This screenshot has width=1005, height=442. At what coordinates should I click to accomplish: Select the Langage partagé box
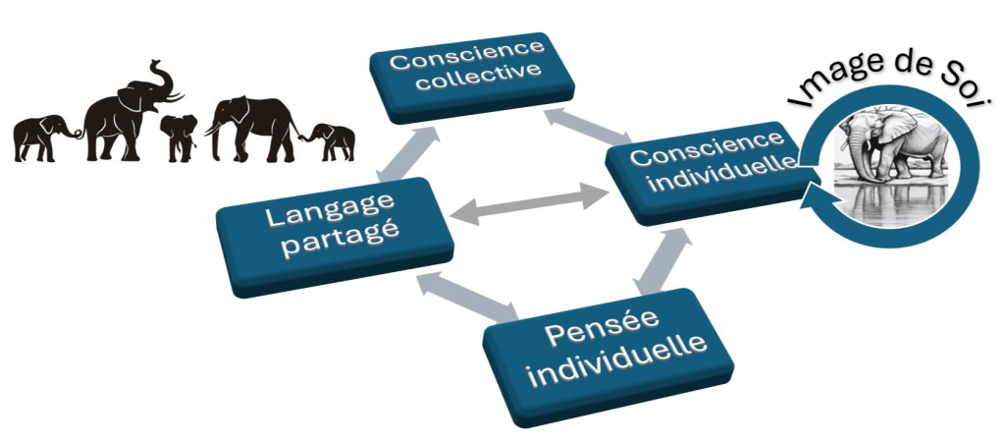tap(334, 233)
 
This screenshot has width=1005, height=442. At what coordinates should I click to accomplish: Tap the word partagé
tap(338, 249)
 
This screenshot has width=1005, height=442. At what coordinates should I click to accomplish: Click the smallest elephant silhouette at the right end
tap(332, 140)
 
